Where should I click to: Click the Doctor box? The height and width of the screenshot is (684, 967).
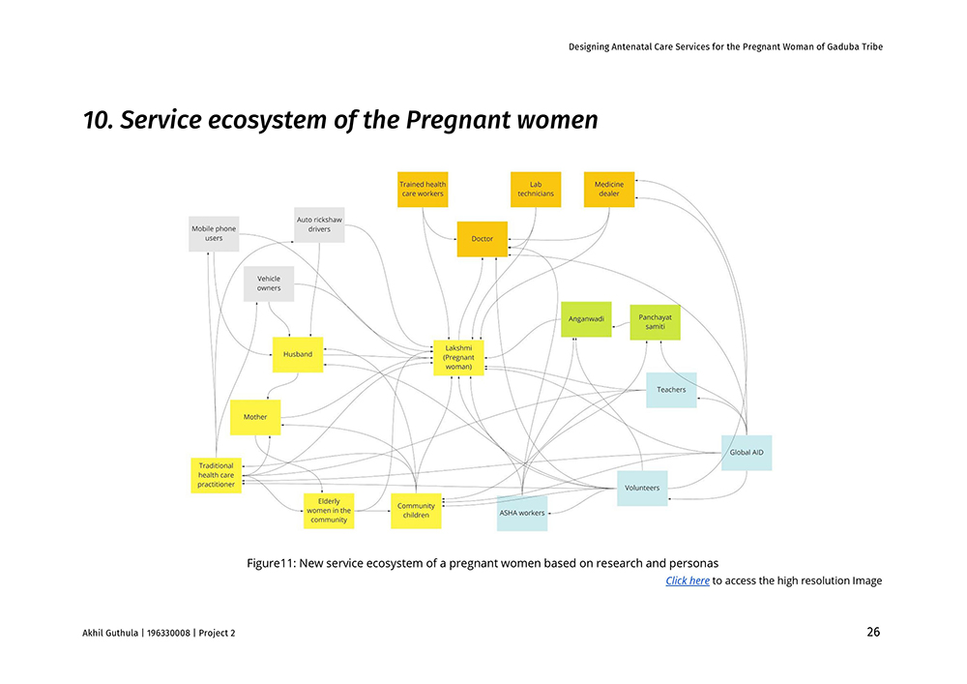pos(482,239)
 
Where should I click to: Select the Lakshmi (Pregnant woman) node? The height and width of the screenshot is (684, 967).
pos(458,358)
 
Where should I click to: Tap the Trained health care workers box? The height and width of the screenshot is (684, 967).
pos(423,189)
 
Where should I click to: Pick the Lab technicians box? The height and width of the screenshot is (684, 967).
pos(536,189)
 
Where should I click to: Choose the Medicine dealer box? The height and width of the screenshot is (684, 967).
pos(608,189)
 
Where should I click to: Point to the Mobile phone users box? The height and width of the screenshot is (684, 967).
pos(214,234)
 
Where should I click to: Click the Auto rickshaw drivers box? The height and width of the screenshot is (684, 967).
pos(319,224)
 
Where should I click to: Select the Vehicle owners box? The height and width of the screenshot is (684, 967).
pos(269,283)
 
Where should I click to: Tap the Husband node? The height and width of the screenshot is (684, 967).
pos(297,354)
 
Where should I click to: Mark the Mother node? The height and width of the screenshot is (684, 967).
pos(255,417)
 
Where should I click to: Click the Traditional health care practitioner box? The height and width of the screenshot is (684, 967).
pos(216,475)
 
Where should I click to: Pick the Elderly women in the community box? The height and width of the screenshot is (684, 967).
pos(329,511)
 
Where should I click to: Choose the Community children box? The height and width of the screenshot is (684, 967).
pos(416,511)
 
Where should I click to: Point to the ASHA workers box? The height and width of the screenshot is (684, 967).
pos(522,513)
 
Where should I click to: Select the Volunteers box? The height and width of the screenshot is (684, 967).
pos(642,488)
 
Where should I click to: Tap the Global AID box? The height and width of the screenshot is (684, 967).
pos(747,452)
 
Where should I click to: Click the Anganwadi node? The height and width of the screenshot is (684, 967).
pos(586,319)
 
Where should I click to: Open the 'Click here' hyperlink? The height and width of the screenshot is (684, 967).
pos(688,580)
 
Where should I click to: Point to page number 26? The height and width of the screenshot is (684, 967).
pos(873,633)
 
